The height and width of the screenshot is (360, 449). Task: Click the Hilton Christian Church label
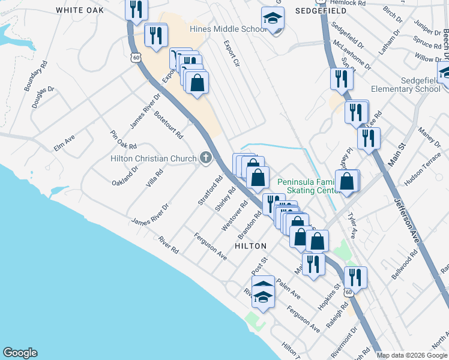(x=154, y=158)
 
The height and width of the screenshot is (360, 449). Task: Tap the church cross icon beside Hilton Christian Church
(x=206, y=158)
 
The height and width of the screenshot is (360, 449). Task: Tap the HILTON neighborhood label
(x=250, y=246)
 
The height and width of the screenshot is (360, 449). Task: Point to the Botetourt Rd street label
(x=168, y=125)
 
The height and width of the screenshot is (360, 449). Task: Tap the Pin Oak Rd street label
(x=124, y=140)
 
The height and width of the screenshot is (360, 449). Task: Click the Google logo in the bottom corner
(x=20, y=353)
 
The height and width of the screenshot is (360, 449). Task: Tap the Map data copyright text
(x=412, y=355)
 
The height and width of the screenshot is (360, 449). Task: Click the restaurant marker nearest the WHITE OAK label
(x=136, y=9)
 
